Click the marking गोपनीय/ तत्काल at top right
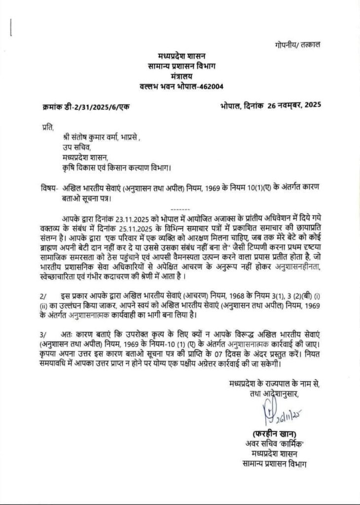[297, 44]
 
